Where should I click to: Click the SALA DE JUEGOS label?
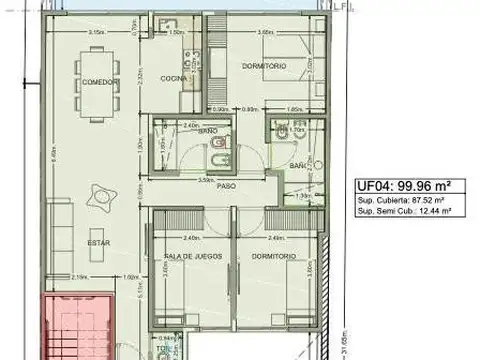point(187,256)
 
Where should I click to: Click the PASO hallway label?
point(228,187)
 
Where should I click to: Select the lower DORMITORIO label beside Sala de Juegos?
point(270,256)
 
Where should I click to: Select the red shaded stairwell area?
point(76,325)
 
